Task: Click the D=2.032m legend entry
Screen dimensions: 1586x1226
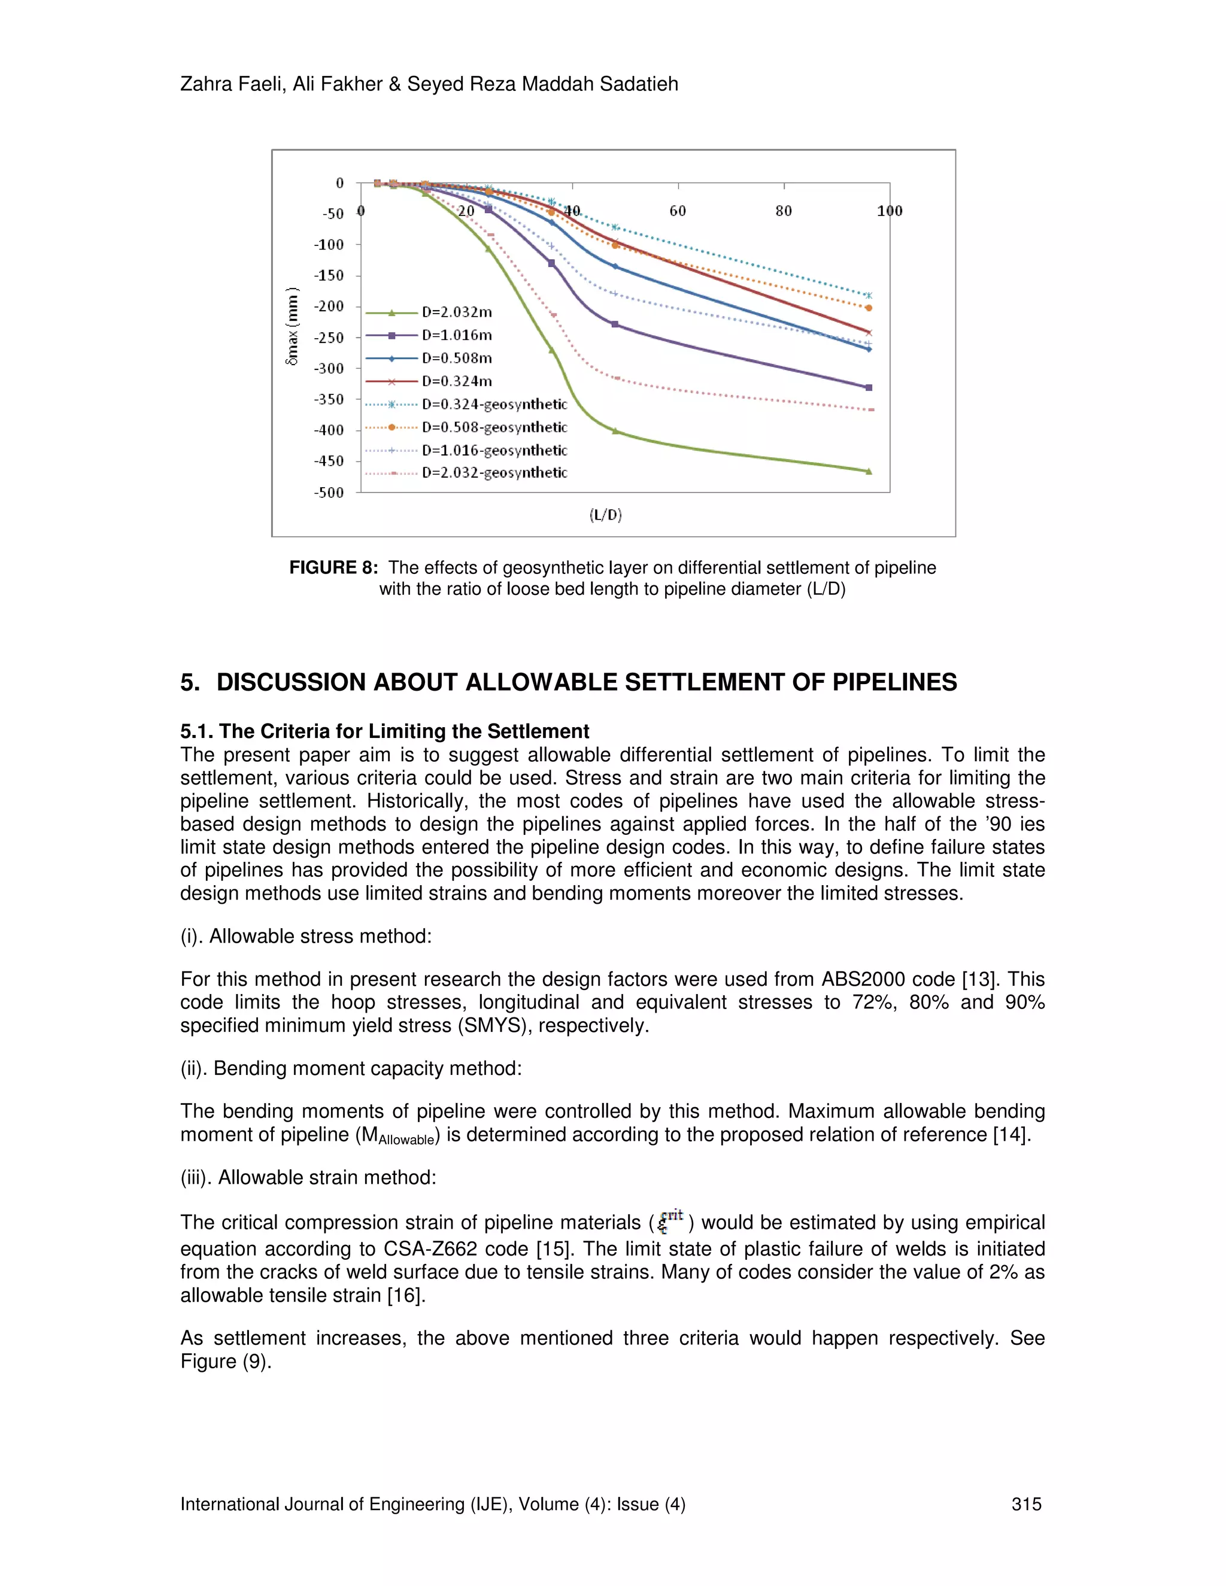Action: pos(457,312)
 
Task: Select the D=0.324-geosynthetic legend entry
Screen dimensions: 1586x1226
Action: pos(494,405)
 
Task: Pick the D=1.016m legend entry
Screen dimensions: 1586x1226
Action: pos(457,336)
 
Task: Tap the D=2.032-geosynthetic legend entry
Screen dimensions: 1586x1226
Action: pos(494,473)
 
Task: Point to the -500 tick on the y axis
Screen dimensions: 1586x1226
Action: pos(329,493)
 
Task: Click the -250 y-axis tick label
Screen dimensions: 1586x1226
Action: pos(329,338)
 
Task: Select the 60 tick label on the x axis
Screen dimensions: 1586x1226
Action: pos(678,211)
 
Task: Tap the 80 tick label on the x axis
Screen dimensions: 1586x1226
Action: pos(784,211)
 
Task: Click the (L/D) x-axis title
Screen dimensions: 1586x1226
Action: pos(606,515)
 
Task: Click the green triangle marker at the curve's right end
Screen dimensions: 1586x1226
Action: pos(869,471)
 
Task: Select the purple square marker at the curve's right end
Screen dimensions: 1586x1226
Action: pos(869,388)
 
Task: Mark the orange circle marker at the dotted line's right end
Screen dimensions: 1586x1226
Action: pos(869,308)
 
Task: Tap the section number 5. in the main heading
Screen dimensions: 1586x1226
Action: pos(190,683)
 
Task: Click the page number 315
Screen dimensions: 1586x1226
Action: pos(1026,1504)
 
